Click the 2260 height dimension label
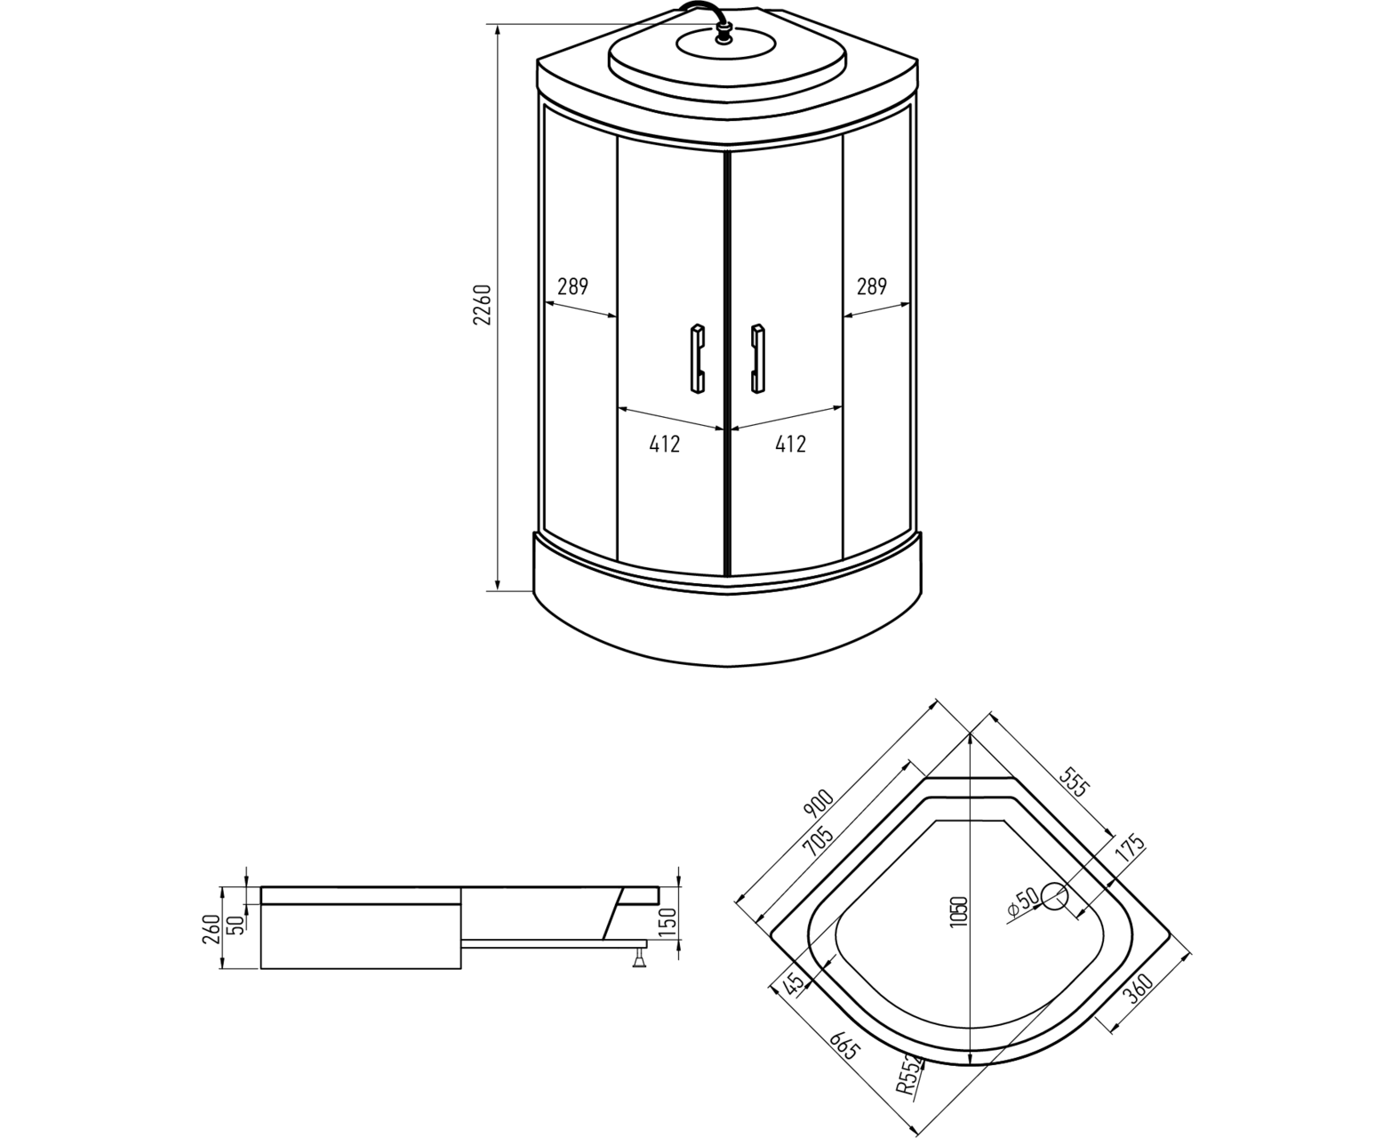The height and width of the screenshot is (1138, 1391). tap(483, 305)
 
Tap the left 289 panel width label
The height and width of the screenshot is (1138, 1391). tap(572, 287)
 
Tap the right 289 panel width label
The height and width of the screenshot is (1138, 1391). tap(871, 287)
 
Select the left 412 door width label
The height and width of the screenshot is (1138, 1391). tap(664, 444)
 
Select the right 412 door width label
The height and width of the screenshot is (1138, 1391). tap(790, 444)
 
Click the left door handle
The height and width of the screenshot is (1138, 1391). tap(697, 359)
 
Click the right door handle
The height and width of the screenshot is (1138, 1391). tap(757, 359)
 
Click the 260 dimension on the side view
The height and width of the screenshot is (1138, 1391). tap(212, 929)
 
